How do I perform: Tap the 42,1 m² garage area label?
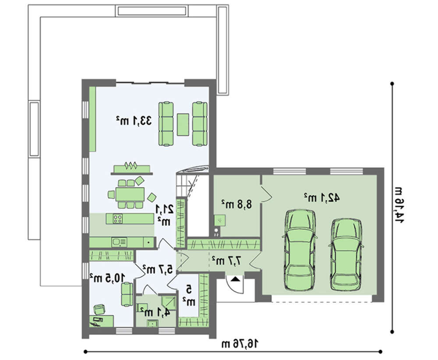point(321,198)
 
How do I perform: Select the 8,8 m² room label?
point(237,204)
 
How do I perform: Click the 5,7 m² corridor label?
point(158,269)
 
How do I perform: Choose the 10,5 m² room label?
point(107,278)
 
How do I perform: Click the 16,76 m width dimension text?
point(240,344)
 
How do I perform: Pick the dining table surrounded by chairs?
point(130,194)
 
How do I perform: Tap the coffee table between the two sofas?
point(183,124)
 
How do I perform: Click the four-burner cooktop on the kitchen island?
point(118,219)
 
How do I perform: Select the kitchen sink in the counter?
point(119,242)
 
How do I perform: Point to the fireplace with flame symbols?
point(132,169)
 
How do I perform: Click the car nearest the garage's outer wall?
point(346,252)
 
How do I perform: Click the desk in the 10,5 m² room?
point(102,321)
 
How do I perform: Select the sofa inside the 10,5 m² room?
point(127,294)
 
